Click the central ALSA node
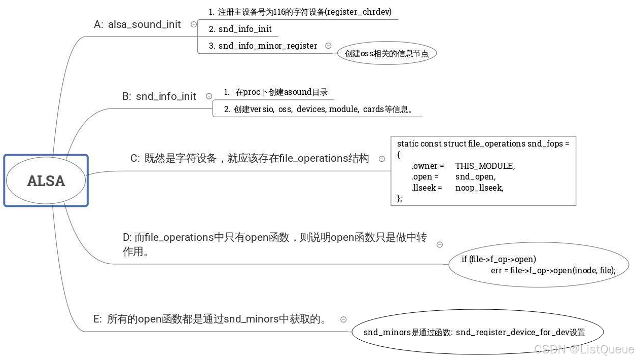click(46, 181)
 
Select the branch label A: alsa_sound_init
click(137, 24)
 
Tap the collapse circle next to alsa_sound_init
click(194, 24)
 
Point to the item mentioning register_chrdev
click(300, 12)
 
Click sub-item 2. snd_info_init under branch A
click(240, 29)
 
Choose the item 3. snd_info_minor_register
click(263, 46)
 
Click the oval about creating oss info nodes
click(387, 53)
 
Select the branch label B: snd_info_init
click(159, 96)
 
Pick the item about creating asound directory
click(276, 92)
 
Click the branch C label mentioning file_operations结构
click(250, 158)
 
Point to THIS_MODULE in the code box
click(485, 166)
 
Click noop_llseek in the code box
click(479, 188)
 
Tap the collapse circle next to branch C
click(382, 159)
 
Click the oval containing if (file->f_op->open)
click(538, 265)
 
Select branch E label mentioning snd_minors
click(209, 319)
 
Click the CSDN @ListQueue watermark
click(584, 349)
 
